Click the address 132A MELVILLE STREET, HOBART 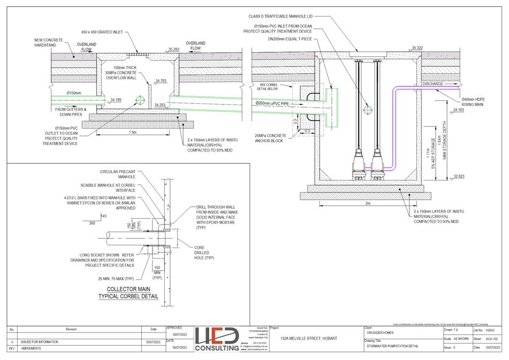312,338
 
